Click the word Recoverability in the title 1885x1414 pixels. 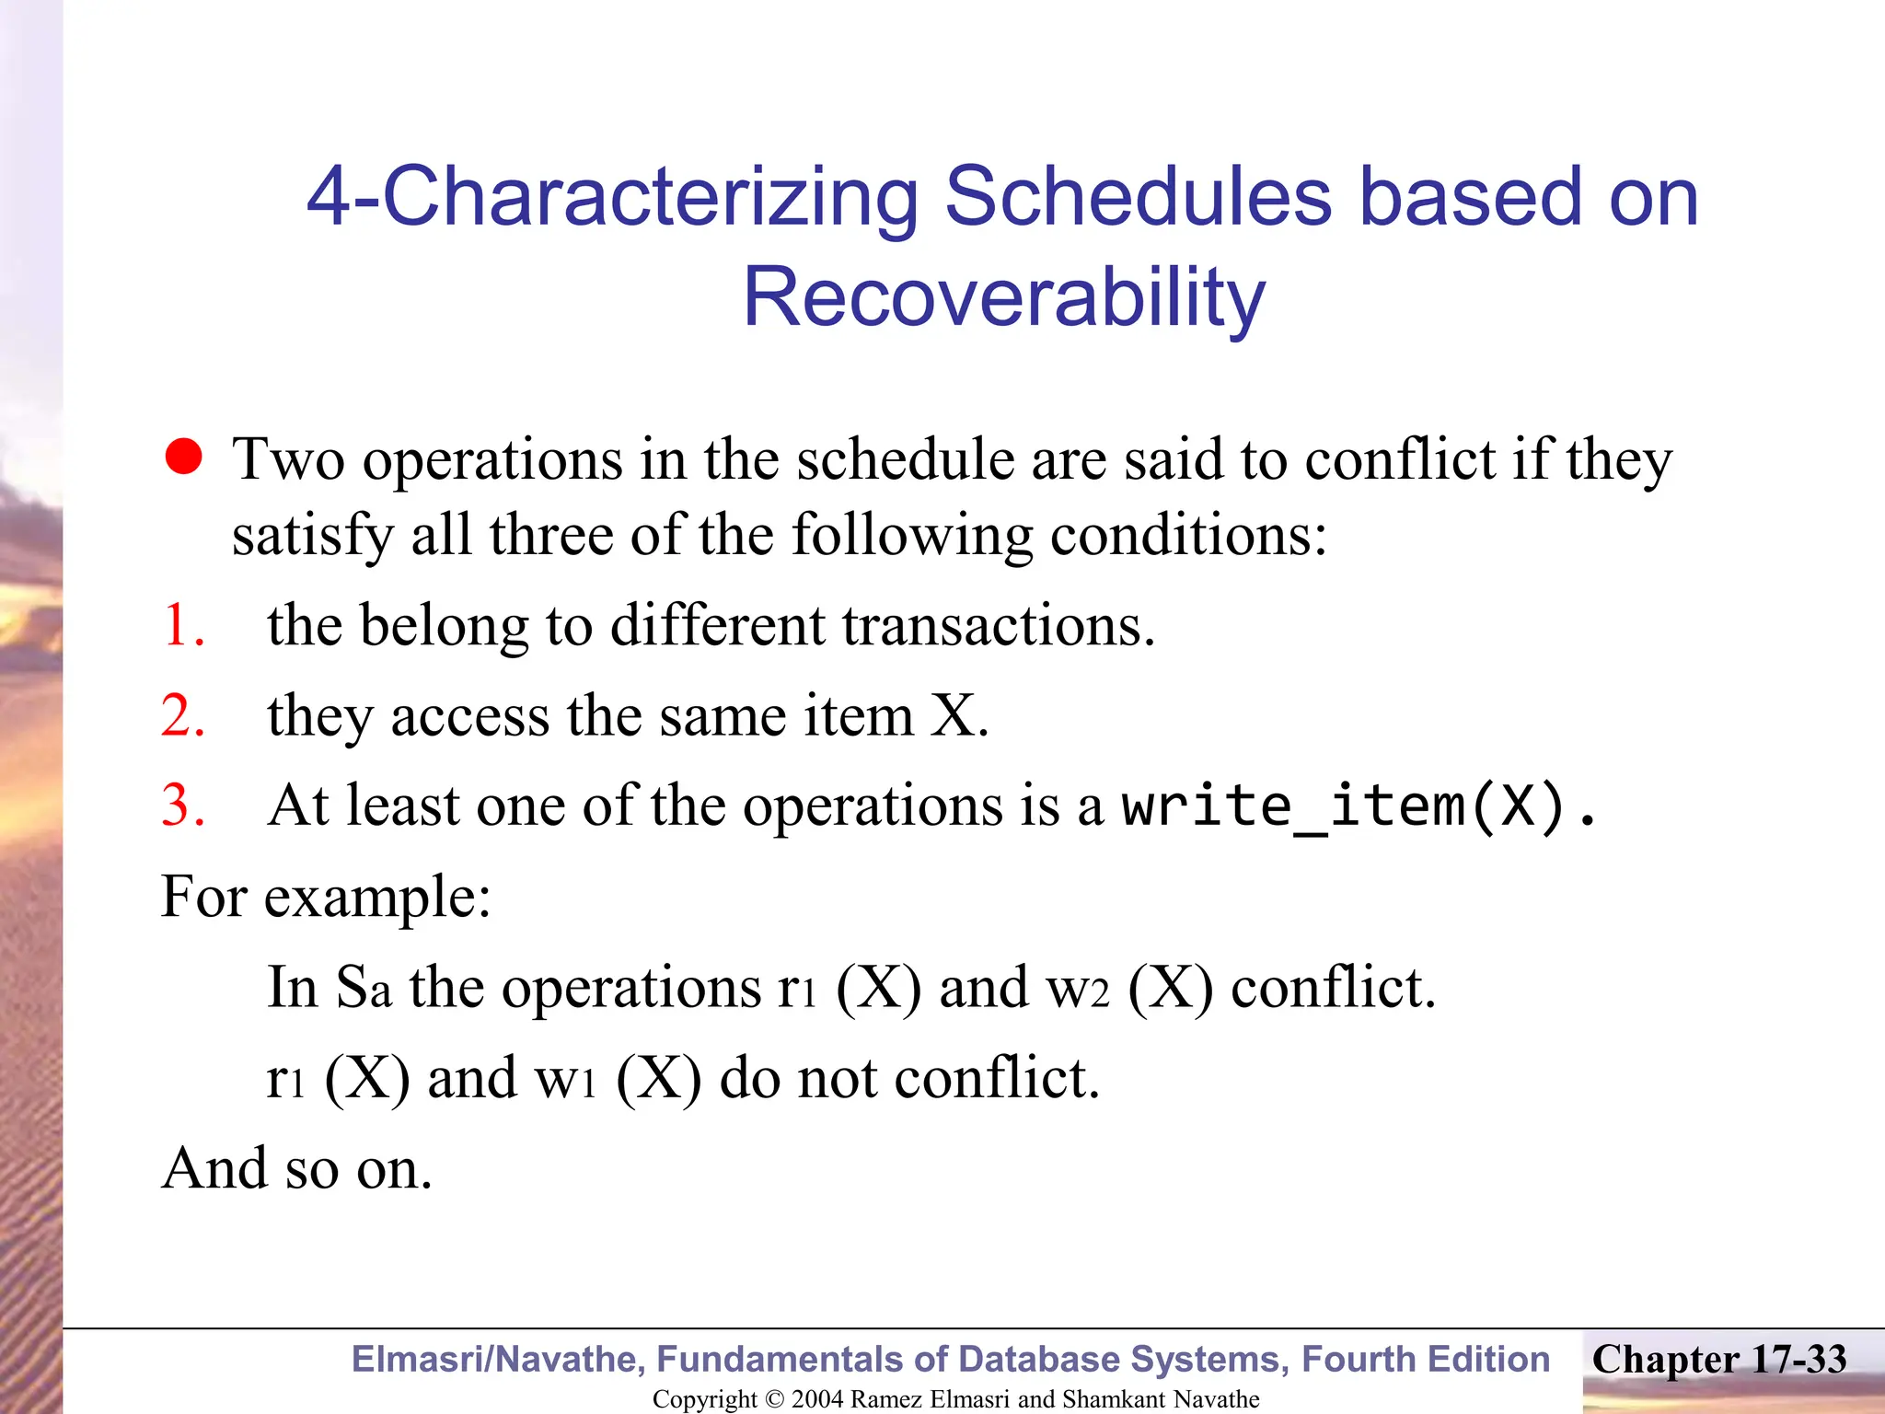(x=1003, y=296)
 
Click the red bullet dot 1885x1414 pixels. (x=184, y=457)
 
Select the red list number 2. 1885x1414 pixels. (x=182, y=715)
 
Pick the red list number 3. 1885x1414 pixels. (x=182, y=806)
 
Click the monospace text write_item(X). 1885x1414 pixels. (x=1358, y=806)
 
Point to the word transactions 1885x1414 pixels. (x=998, y=625)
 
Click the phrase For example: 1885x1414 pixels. (x=326, y=896)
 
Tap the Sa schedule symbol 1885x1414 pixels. (x=364, y=987)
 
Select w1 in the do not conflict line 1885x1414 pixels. (x=565, y=1077)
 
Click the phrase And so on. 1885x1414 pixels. (x=296, y=1168)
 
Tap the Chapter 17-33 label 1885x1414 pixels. (x=1718, y=1359)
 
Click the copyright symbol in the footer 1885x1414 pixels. (x=774, y=1399)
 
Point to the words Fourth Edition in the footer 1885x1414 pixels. (x=1426, y=1359)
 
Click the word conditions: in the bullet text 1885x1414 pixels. (x=1188, y=535)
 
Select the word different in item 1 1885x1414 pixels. (x=717, y=625)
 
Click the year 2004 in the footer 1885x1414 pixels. (x=817, y=1399)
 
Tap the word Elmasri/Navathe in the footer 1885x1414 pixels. (x=498, y=1359)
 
